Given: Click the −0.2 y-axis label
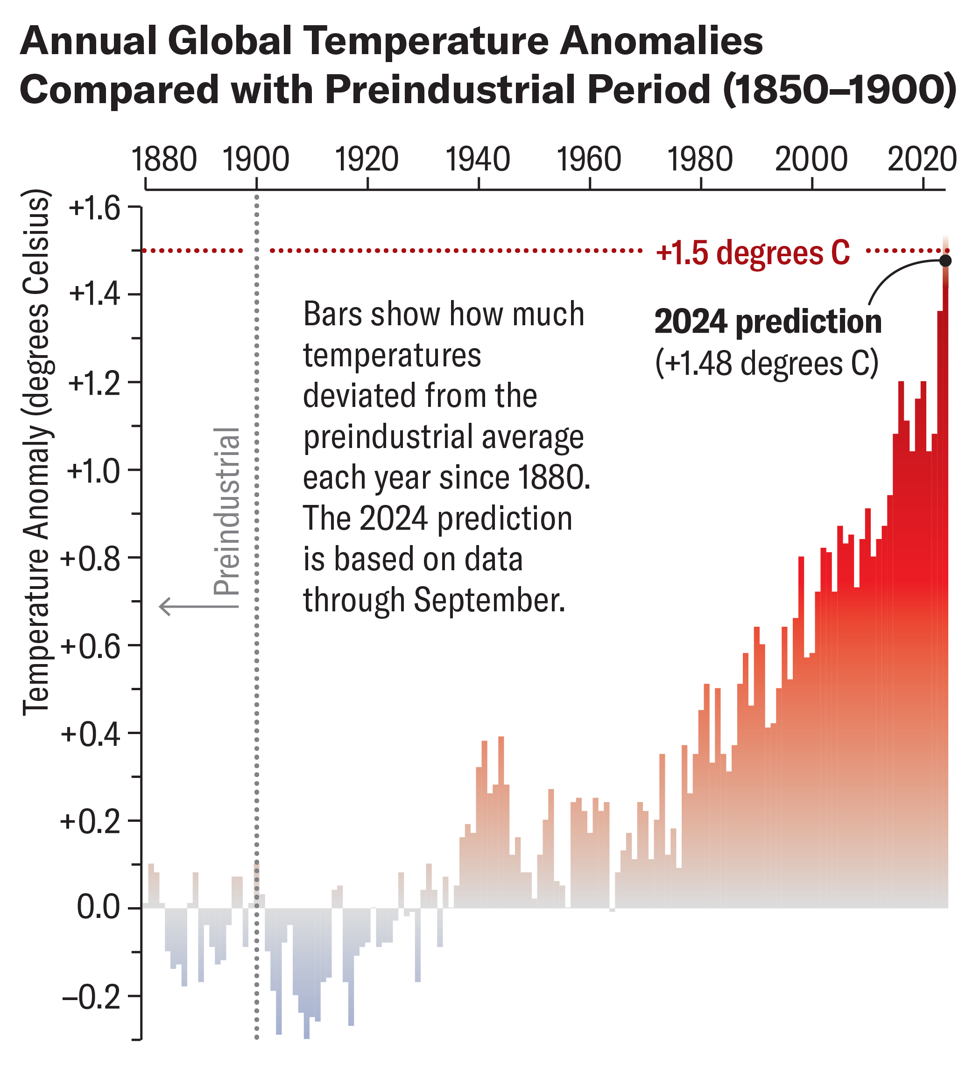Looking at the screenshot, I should click(x=92, y=997).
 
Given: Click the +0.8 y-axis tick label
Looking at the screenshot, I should click(x=91, y=559).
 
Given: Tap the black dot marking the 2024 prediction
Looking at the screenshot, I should click(x=945, y=260).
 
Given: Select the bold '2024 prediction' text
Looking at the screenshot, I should click(x=768, y=322).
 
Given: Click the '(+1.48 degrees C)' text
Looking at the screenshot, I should click(x=766, y=364).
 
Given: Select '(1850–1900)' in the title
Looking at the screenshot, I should click(x=839, y=89).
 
